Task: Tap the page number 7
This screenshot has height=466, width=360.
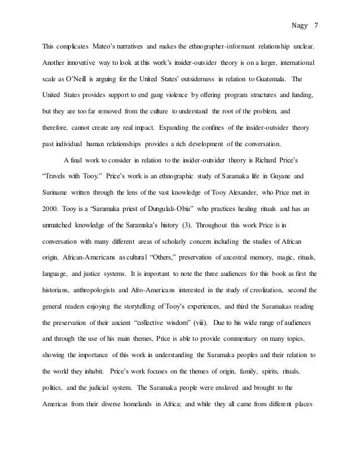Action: [x=315, y=25]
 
